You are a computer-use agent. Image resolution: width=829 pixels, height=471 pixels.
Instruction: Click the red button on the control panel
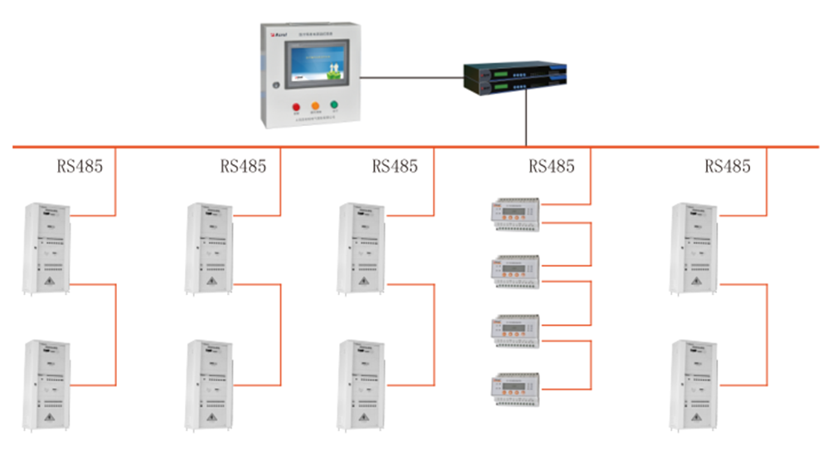pyautogui.click(x=296, y=107)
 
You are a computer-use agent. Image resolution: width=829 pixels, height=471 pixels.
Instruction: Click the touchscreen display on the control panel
pyautogui.click(x=315, y=65)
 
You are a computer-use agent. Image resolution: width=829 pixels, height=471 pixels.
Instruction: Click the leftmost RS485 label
pyautogui.click(x=80, y=166)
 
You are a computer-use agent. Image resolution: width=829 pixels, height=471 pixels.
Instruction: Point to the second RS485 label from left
pyautogui.click(x=243, y=166)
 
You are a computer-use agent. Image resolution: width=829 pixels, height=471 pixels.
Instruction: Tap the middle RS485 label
pyautogui.click(x=395, y=166)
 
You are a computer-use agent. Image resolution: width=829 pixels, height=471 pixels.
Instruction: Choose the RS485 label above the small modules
pyautogui.click(x=551, y=166)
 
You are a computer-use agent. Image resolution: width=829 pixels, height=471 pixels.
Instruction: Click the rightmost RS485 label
pyautogui.click(x=727, y=166)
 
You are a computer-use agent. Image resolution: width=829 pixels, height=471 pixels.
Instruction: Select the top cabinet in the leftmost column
pyautogui.click(x=46, y=248)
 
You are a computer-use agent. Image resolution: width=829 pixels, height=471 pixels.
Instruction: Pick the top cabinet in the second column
pyautogui.click(x=208, y=248)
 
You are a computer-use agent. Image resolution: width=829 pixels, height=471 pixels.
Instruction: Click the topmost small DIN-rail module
pyautogui.click(x=516, y=214)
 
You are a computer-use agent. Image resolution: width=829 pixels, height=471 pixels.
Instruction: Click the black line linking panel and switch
pyautogui.click(x=412, y=78)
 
